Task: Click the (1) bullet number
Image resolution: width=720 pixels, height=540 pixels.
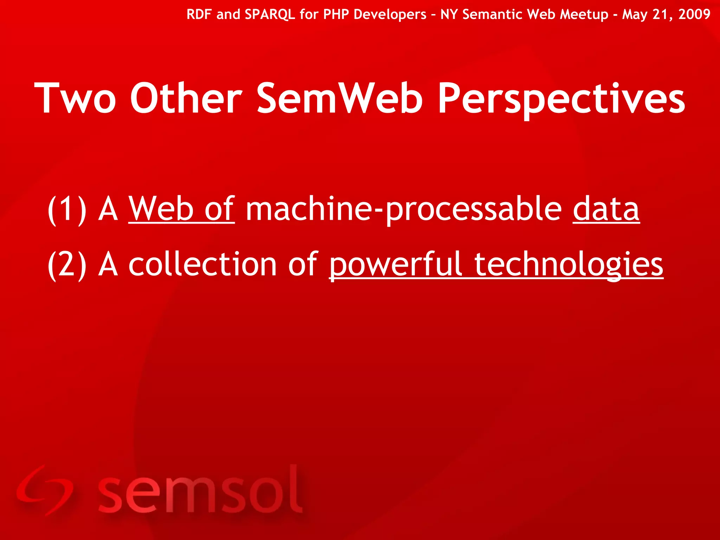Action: (67, 210)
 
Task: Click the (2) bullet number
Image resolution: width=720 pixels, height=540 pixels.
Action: (67, 265)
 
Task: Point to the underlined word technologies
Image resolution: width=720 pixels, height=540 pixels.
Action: (568, 265)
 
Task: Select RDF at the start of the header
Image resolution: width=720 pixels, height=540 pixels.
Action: (199, 14)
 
